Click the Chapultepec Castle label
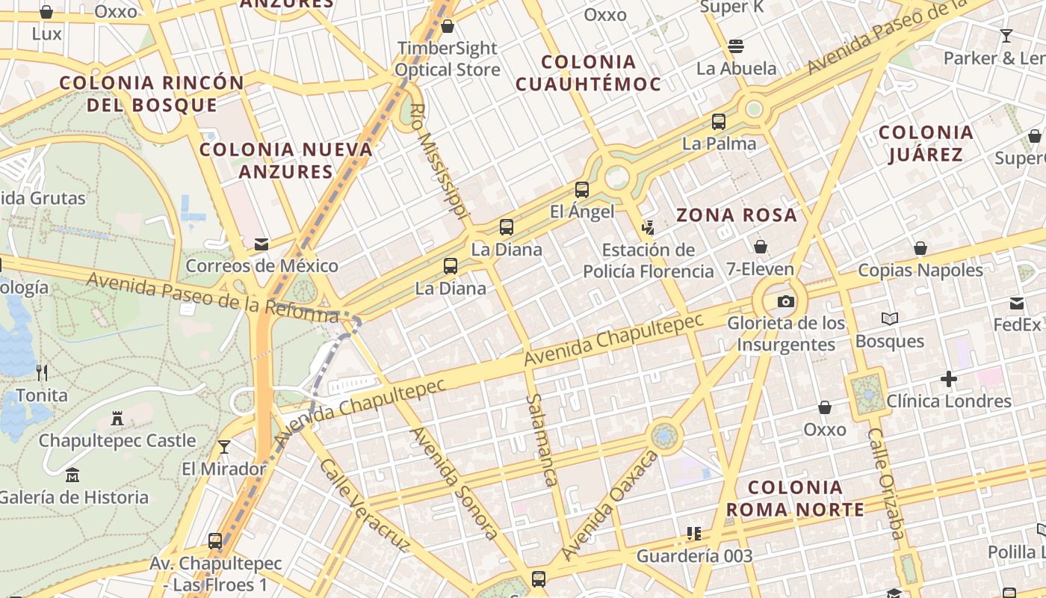117,441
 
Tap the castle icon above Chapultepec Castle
117,419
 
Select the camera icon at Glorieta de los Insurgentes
785,301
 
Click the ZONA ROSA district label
737,215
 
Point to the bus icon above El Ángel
582,190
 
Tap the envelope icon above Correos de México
261,244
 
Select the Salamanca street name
542,440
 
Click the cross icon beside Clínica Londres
949,379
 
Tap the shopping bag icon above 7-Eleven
761,247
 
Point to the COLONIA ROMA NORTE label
795,499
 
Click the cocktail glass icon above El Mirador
223,447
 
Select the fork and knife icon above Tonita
42,372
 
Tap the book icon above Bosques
889,319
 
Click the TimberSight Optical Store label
448,58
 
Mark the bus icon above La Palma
719,121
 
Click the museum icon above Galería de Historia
72,475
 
